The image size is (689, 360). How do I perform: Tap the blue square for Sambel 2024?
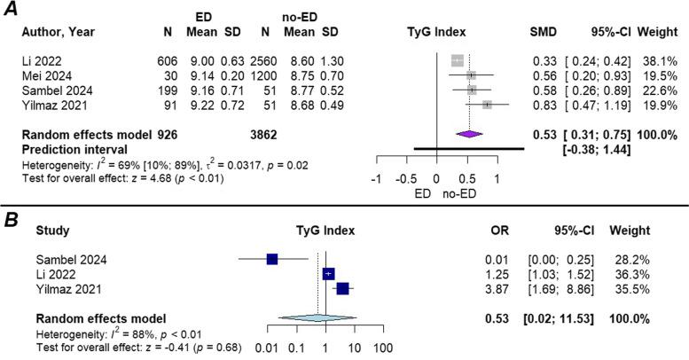(x=272, y=259)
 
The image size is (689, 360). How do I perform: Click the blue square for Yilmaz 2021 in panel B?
(x=342, y=288)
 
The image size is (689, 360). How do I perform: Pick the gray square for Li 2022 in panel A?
(x=457, y=60)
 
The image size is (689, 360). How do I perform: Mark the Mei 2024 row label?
(x=44, y=75)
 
